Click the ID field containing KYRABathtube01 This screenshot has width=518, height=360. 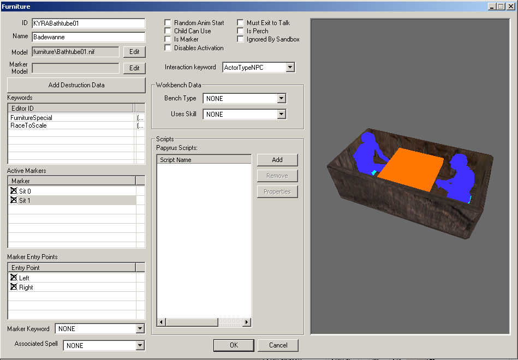pos(88,23)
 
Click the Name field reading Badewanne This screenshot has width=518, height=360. pos(88,37)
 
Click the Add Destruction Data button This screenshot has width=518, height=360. pos(76,85)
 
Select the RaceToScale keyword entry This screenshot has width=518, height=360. pos(29,125)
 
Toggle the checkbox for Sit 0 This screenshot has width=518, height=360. pos(14,191)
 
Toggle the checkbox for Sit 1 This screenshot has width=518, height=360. pos(14,200)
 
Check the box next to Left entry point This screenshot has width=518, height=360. pos(14,278)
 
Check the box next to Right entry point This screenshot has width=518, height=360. pos(14,287)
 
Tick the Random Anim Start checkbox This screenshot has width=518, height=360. pos(168,23)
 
